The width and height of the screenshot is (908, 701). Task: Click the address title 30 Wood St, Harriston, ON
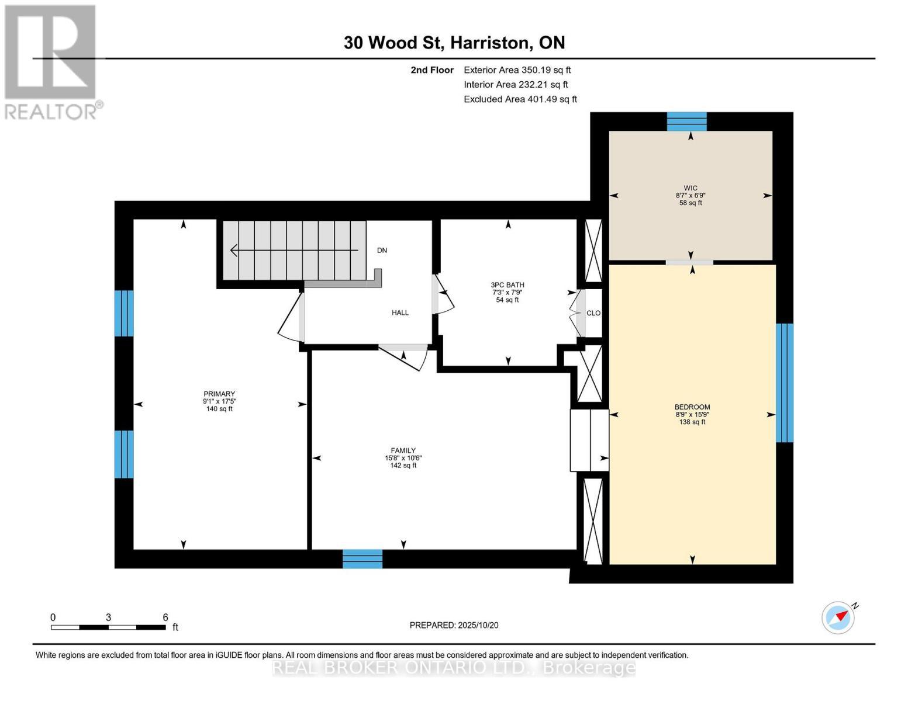click(454, 43)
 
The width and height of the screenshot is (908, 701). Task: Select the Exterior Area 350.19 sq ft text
click(517, 70)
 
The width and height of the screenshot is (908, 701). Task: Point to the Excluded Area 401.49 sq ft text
click(520, 99)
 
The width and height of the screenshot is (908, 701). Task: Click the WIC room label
click(690, 189)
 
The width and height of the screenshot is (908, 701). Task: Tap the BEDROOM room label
click(692, 407)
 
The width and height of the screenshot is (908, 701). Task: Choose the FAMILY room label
click(403, 450)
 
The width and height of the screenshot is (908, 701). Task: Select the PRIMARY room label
click(219, 394)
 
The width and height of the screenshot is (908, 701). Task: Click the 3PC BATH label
click(507, 285)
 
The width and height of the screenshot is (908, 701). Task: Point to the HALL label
click(400, 313)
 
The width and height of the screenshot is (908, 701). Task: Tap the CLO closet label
click(593, 313)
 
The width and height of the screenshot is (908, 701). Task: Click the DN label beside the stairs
click(382, 250)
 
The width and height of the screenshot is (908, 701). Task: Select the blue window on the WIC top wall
click(687, 122)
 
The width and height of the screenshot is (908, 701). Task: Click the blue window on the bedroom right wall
click(784, 383)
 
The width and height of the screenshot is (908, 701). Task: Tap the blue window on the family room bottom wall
click(362, 558)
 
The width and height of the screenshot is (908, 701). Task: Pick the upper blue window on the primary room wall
click(124, 313)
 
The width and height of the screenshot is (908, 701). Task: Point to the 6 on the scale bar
click(165, 617)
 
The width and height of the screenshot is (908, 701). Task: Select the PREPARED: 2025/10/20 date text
click(454, 625)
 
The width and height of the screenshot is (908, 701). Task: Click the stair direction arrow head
click(234, 250)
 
